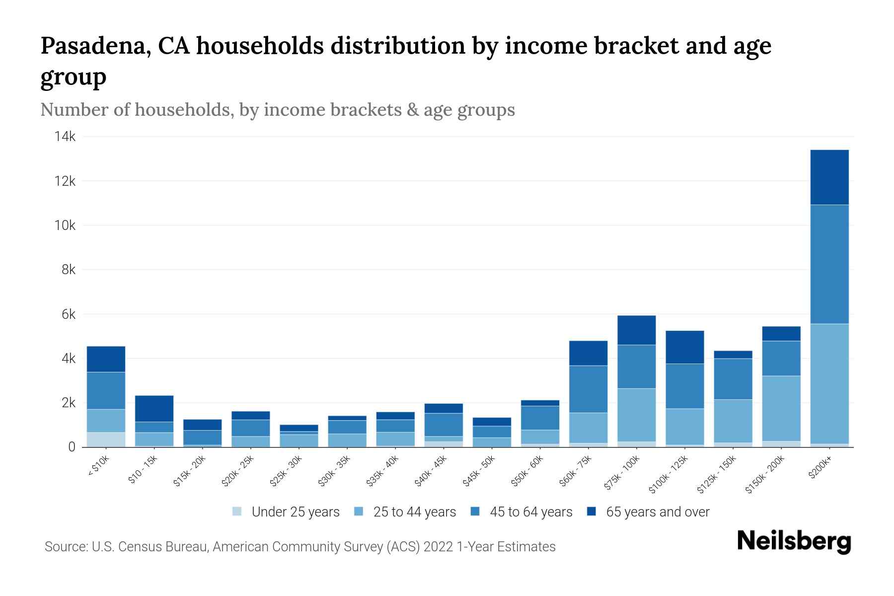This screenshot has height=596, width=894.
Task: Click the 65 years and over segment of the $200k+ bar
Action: point(829,177)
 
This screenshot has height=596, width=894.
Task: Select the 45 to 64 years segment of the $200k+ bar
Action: point(829,264)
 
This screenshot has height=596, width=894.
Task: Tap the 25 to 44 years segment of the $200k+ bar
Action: point(829,383)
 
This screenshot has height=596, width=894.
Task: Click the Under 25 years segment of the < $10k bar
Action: point(106,440)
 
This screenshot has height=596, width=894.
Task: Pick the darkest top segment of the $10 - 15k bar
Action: point(154,408)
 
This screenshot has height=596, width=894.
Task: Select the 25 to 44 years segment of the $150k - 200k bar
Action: point(781,408)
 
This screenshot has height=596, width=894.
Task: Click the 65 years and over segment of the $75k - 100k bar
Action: point(636,330)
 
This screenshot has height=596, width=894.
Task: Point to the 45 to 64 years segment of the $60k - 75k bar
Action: point(588,389)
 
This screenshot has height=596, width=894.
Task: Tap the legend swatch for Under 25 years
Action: point(237,512)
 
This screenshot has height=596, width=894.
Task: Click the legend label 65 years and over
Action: point(658,512)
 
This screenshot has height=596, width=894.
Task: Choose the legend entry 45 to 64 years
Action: point(531,512)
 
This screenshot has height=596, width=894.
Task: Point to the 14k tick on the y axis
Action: point(65,137)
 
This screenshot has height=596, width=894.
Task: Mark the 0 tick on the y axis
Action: point(72,447)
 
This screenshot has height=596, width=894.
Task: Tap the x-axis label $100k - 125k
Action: point(669,474)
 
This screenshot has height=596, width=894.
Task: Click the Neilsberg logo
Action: point(794,541)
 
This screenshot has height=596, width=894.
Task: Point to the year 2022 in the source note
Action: point(438,547)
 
